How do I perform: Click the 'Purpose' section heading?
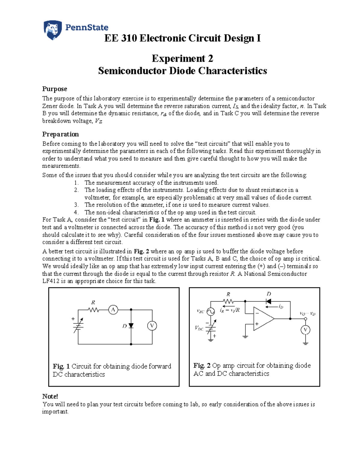[x=55, y=89]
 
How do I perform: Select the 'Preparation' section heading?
[x=60, y=134]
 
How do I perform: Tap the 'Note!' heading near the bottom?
[x=50, y=396]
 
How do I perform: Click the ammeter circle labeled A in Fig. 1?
[x=113, y=310]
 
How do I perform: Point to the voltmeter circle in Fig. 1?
[x=152, y=326]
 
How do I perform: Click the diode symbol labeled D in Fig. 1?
[x=131, y=326]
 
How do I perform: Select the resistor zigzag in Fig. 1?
[x=94, y=310]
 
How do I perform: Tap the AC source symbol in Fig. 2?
[x=211, y=312]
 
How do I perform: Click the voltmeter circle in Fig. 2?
[x=305, y=330]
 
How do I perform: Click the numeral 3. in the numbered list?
[x=76, y=205]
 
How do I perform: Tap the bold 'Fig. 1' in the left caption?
[x=61, y=366]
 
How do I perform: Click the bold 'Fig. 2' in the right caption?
[x=202, y=365]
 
